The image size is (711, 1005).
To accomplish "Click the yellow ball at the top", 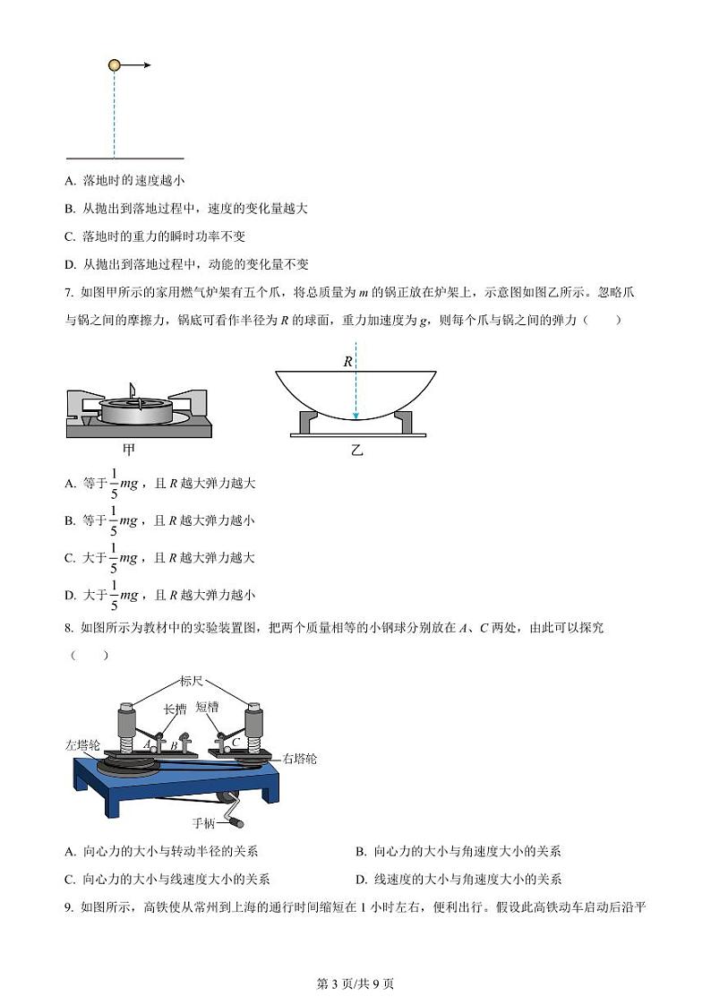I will tap(114, 64).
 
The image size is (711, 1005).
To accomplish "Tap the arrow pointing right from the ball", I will tap(136, 64).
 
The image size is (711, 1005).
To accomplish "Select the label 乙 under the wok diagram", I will tap(356, 450).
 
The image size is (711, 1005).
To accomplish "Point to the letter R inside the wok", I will tap(347, 362).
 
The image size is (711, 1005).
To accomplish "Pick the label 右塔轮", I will tap(299, 759).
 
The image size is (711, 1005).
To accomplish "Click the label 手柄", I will tap(205, 820).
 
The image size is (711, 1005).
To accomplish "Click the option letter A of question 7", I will tap(70, 484).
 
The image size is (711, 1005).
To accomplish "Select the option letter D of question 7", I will tap(70, 595).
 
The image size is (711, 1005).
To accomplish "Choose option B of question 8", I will tap(361, 852).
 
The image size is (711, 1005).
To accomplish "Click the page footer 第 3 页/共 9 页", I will tap(355, 984).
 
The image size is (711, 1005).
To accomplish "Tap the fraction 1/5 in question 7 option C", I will tap(114, 557).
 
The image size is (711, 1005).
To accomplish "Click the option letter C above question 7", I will tap(70, 236).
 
